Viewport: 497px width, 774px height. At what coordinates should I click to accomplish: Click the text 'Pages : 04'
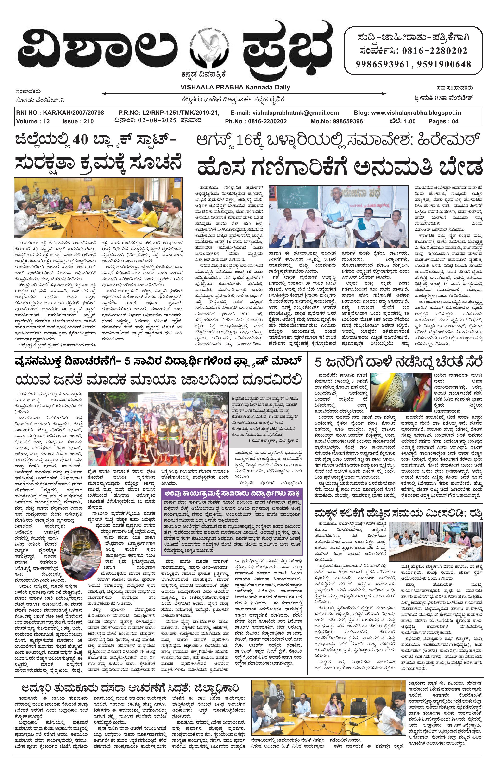(443, 121)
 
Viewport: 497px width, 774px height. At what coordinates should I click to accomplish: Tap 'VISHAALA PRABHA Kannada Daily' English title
(235, 87)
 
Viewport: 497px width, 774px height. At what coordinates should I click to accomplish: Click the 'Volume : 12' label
(33, 121)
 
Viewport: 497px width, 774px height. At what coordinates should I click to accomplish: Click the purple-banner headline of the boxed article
(232, 494)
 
